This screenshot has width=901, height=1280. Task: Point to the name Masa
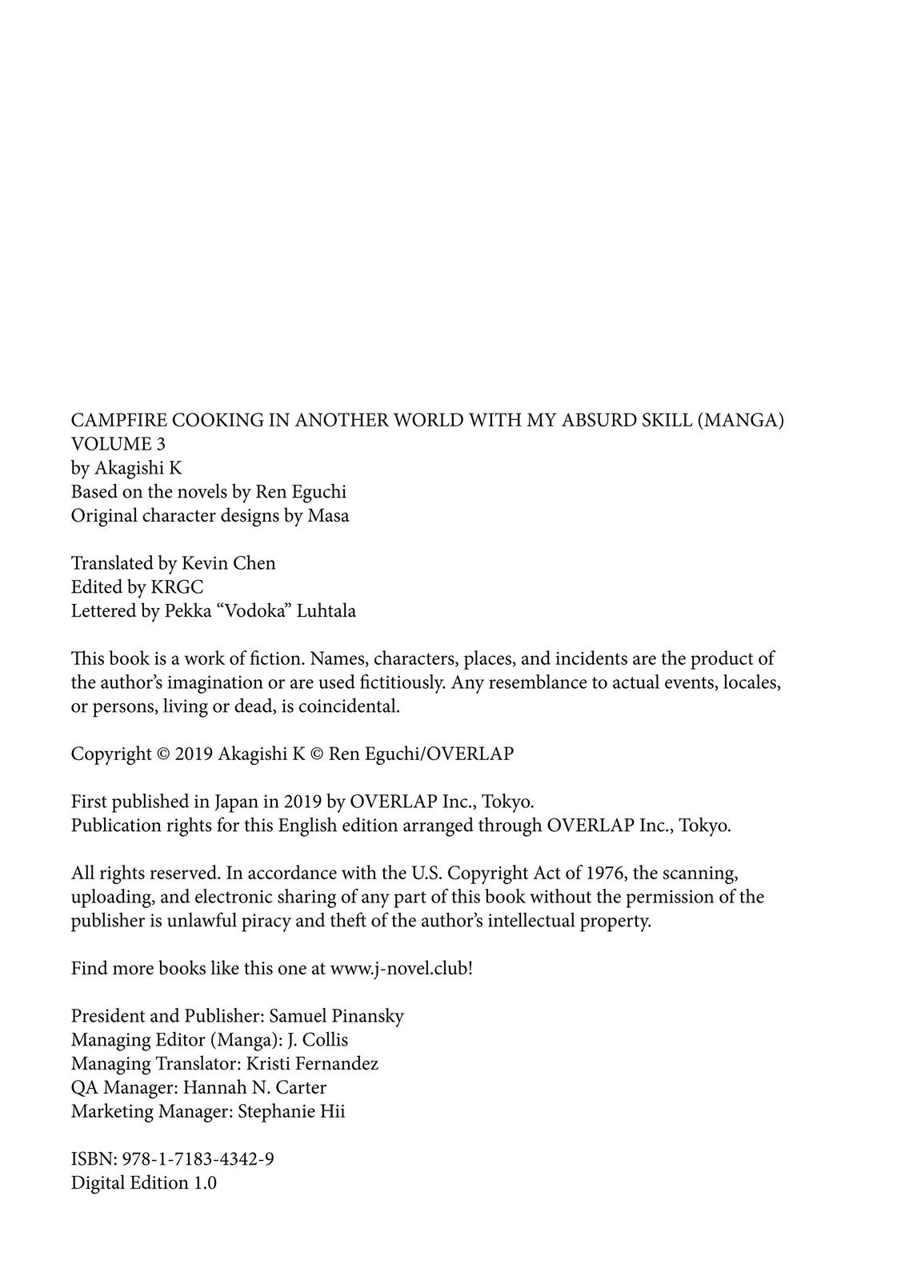point(328,516)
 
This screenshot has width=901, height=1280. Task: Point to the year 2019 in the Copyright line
point(194,754)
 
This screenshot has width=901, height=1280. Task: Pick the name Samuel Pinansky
point(336,1016)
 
